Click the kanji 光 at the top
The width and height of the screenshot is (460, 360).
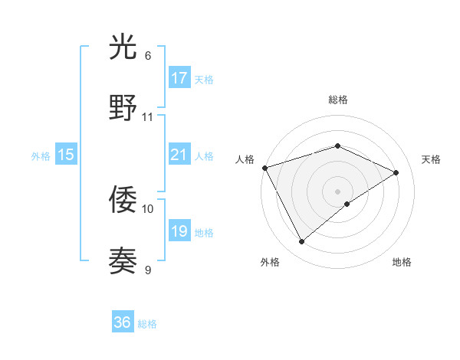coord(123,49)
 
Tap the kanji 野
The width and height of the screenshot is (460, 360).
coord(123,109)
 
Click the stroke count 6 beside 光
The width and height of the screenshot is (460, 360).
coord(148,56)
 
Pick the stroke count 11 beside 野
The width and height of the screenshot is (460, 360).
coord(148,117)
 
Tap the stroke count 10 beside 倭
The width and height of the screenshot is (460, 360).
coord(148,208)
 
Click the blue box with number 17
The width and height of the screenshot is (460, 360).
coord(179,78)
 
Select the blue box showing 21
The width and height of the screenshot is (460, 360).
coord(179,155)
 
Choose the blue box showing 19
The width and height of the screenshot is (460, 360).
coord(179,231)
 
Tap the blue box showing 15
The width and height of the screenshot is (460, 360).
coord(66,155)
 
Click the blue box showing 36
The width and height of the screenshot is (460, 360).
coord(123,322)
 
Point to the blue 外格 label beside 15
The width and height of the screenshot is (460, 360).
coord(41,156)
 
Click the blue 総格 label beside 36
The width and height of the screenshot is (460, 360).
coord(147,324)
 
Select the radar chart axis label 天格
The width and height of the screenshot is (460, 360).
coord(431,159)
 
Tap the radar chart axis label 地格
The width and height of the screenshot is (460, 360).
coord(402,262)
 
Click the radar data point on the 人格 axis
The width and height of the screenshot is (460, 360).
coord(264,167)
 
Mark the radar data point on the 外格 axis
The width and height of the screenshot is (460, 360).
coord(302,242)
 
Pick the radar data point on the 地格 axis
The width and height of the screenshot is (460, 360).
coord(347,204)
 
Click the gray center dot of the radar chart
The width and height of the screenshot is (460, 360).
coord(337,191)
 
